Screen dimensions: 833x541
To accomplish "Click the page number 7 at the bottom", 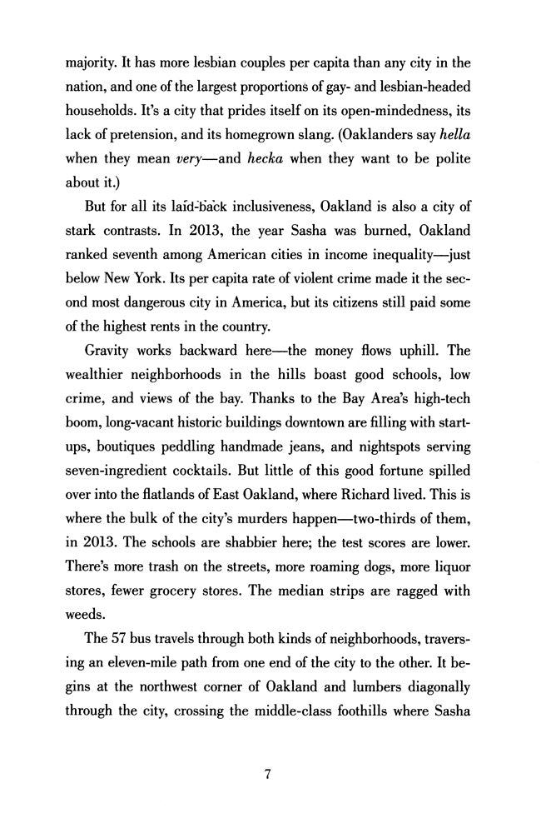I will [268, 775].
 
